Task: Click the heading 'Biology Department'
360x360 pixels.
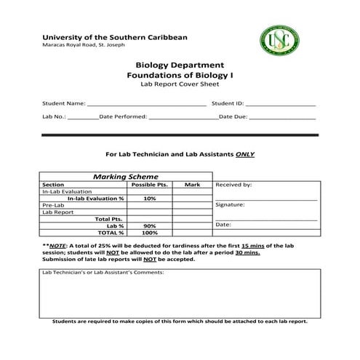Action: [x=180, y=65]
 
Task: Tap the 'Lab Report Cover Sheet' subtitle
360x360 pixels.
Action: [x=180, y=84]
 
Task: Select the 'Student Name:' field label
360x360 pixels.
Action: [x=64, y=103]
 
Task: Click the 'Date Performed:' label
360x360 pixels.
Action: [x=123, y=116]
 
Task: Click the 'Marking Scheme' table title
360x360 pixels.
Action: [x=125, y=177]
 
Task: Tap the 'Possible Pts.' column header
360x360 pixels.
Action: [x=150, y=185]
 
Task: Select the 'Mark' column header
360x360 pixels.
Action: [x=192, y=185]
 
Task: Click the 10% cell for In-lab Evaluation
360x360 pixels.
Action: [x=150, y=198]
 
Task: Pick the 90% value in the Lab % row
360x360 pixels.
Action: [x=150, y=225]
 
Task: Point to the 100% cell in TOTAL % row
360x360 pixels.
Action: [x=150, y=233]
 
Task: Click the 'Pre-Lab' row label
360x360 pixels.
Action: [x=53, y=205]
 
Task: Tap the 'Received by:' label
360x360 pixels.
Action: [x=233, y=185]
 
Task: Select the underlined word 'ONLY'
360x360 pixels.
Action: [x=244, y=154]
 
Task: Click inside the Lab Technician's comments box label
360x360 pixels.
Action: [x=103, y=273]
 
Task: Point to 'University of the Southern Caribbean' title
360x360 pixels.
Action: [x=114, y=36]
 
